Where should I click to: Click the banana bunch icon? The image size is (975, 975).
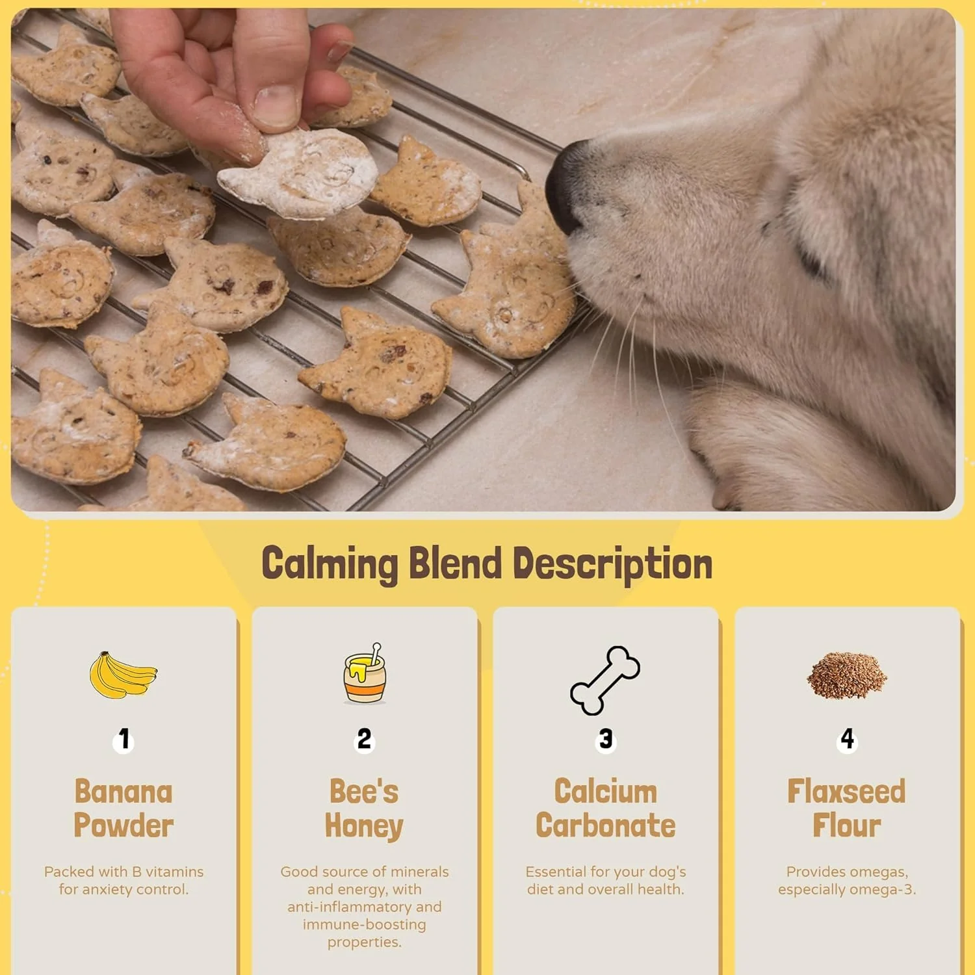[x=123, y=675]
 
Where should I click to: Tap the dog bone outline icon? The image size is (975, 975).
[x=605, y=680]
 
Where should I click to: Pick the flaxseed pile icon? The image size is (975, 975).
[x=847, y=674]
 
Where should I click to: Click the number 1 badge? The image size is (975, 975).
[x=123, y=740]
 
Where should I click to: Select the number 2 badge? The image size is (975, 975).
[x=365, y=740]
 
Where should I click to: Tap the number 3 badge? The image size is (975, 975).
[x=606, y=740]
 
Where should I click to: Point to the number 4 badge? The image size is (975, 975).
[x=847, y=740]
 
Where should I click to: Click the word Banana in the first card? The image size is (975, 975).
[x=123, y=792]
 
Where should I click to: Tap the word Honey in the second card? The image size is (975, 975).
[x=364, y=827]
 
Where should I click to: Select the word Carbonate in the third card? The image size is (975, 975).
[x=606, y=825]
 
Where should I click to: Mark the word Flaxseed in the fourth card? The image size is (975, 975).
[x=846, y=792]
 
